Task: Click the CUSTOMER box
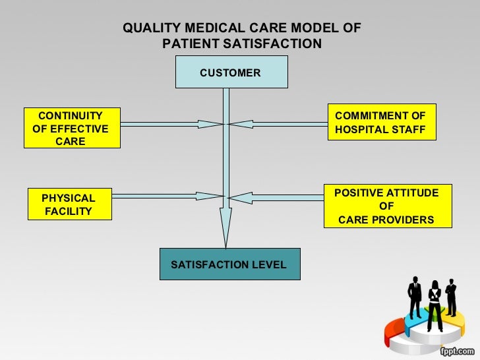(231, 72)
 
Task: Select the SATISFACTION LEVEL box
(229, 264)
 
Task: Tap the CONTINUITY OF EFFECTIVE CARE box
(71, 128)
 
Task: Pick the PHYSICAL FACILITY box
(69, 204)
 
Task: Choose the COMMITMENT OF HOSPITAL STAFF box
(380, 123)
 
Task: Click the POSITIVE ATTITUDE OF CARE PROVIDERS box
(386, 206)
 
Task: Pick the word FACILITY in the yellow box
(69, 212)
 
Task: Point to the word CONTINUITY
(71, 115)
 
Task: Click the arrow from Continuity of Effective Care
(171, 123)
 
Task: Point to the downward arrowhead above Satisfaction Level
(226, 227)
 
